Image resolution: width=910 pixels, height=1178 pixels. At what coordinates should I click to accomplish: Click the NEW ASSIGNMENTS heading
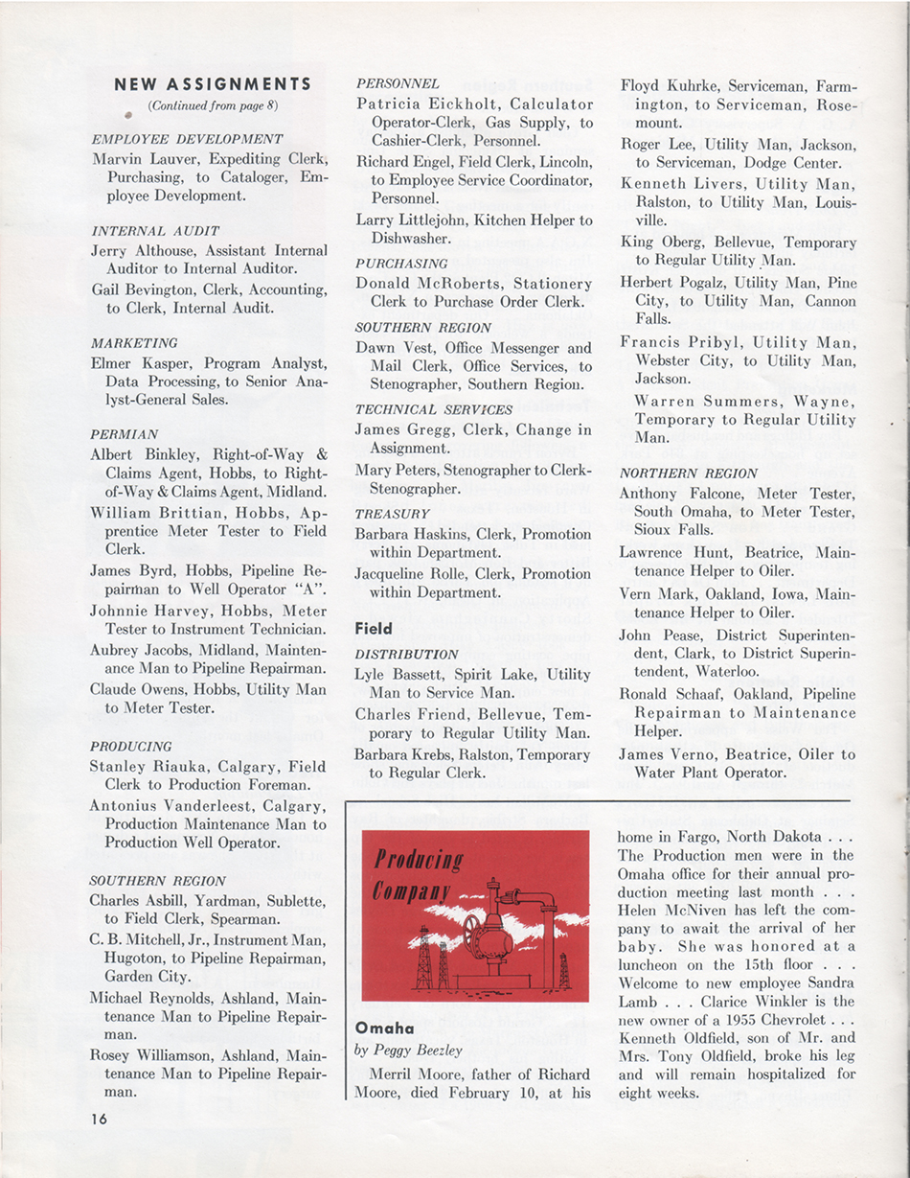pyautogui.click(x=213, y=84)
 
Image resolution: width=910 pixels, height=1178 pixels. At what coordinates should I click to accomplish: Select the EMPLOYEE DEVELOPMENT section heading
pyautogui.click(x=187, y=139)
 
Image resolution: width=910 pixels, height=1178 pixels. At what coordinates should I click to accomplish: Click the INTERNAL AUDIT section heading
pyautogui.click(x=155, y=231)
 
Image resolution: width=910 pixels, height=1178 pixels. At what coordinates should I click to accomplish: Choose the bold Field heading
pyautogui.click(x=374, y=629)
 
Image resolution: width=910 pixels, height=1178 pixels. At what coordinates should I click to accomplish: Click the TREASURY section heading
pyautogui.click(x=392, y=514)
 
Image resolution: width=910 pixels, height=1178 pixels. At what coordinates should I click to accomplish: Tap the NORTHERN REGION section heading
pyautogui.click(x=689, y=474)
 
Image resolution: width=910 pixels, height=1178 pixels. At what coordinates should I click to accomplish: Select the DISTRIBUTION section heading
pyautogui.click(x=406, y=655)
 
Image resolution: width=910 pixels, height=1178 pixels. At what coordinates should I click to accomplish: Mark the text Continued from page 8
pyautogui.click(x=213, y=105)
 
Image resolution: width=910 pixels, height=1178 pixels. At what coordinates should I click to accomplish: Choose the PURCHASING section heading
pyautogui.click(x=401, y=263)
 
